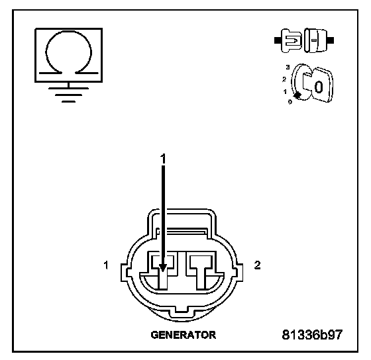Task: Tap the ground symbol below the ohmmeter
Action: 68,95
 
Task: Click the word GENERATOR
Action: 184,335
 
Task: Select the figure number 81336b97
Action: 312,334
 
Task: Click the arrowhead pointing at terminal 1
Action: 163,267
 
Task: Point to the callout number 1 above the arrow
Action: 163,159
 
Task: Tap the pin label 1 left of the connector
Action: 106,265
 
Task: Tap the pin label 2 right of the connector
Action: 258,265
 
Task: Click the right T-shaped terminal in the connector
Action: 201,272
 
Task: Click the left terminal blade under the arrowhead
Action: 163,280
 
